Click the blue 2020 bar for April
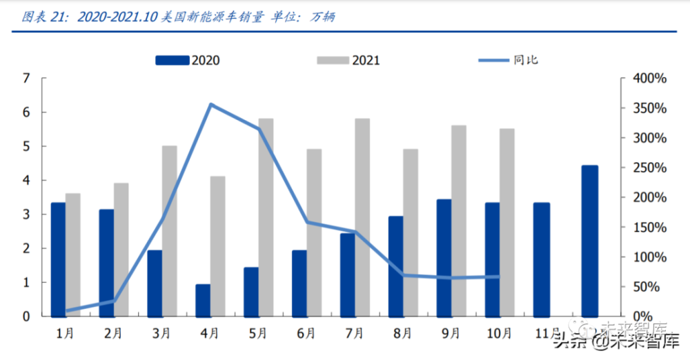click(x=203, y=300)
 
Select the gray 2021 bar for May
click(x=266, y=217)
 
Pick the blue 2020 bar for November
click(x=541, y=259)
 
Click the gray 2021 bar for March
click(x=169, y=231)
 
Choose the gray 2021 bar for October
click(x=506, y=222)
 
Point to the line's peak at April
click(x=210, y=104)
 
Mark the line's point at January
click(x=66, y=311)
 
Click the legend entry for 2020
click(x=188, y=61)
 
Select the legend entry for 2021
click(x=348, y=61)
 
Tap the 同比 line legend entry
click(x=509, y=61)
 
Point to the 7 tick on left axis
click(x=27, y=79)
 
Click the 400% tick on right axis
click(x=649, y=79)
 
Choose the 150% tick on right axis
click(x=649, y=228)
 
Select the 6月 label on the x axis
click(x=306, y=333)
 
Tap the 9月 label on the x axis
click(x=451, y=333)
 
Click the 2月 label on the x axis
click(x=114, y=333)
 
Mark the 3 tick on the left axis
click(x=27, y=214)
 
